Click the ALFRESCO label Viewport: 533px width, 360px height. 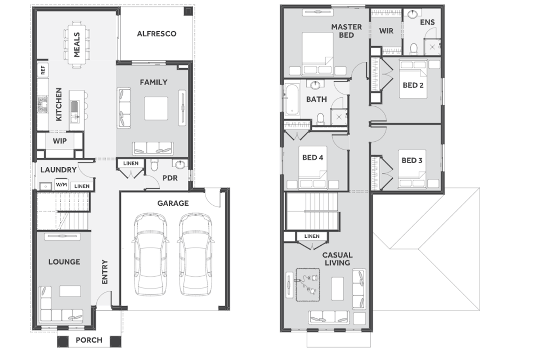coord(156,34)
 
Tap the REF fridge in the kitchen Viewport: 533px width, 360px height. coord(43,70)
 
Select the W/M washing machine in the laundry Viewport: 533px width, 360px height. coord(61,184)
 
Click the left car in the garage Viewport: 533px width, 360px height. coord(150,254)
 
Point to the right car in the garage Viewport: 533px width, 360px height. coord(195,254)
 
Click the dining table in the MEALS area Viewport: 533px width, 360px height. coord(76,44)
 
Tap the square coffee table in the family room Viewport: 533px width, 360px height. coord(156,108)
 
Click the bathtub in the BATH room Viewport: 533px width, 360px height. coord(292,100)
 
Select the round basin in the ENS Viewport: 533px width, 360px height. coord(412,14)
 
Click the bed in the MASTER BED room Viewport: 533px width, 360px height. coord(318,54)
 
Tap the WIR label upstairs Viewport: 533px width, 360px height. coord(386,31)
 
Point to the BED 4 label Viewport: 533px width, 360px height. coord(313,157)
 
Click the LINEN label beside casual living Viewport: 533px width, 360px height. coord(312,236)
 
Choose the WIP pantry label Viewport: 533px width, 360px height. coord(60,141)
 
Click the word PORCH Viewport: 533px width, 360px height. coord(89,340)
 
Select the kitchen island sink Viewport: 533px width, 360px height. coord(75,107)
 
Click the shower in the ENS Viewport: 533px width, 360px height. coord(432,47)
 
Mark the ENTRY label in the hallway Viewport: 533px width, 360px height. coord(105,272)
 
